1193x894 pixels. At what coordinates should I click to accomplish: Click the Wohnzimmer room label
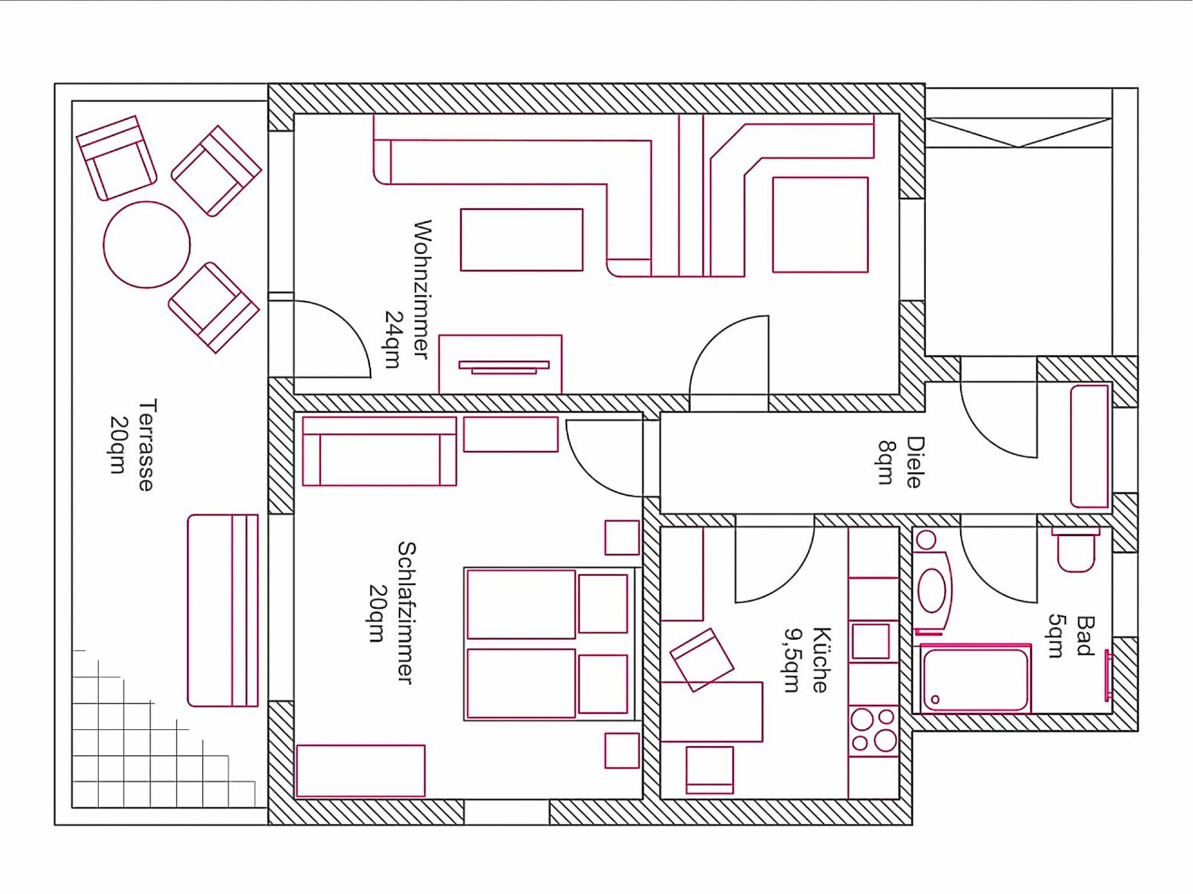pyautogui.click(x=422, y=289)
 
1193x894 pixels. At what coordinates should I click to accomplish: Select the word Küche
pyautogui.click(x=821, y=660)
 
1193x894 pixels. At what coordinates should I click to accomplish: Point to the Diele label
pyautogui.click(x=915, y=462)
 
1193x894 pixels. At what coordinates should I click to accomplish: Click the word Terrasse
pyautogui.click(x=147, y=445)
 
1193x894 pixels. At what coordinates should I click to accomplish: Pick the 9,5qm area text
pyautogui.click(x=792, y=660)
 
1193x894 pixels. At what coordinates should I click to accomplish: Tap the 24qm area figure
pyautogui.click(x=394, y=339)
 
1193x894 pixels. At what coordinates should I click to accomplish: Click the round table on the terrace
pyautogui.click(x=147, y=244)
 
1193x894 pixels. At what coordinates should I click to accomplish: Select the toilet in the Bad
pyautogui.click(x=1075, y=550)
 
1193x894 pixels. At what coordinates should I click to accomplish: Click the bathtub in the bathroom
pyautogui.click(x=976, y=679)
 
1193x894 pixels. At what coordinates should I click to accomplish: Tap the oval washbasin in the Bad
pyautogui.click(x=931, y=591)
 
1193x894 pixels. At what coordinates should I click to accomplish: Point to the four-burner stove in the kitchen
pyautogui.click(x=873, y=730)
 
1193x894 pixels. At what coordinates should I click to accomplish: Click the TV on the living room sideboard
pyautogui.click(x=504, y=367)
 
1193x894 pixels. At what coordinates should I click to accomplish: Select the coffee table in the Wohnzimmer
pyautogui.click(x=521, y=240)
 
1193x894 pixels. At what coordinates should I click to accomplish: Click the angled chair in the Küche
pyautogui.click(x=702, y=660)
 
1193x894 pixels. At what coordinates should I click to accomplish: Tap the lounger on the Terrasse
pyautogui.click(x=223, y=611)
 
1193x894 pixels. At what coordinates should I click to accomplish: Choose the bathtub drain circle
pyautogui.click(x=936, y=699)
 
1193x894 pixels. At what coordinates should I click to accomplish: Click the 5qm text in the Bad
pyautogui.click(x=1057, y=636)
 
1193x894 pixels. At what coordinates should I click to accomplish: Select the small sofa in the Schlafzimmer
pyautogui.click(x=379, y=451)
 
